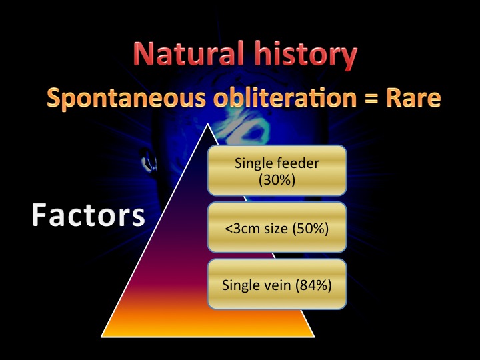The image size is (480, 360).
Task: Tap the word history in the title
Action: (306, 55)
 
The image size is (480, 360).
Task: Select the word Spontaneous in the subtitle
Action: (126, 98)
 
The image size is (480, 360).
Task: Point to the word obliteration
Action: (285, 97)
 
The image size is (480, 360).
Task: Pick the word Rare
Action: (413, 98)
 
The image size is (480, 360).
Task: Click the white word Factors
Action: (89, 215)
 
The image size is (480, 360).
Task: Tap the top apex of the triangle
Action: (208, 124)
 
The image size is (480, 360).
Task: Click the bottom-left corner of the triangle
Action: (101, 337)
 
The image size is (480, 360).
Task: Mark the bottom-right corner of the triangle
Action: (315, 337)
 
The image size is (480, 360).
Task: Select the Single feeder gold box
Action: (277, 171)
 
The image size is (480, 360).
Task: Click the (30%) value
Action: (277, 180)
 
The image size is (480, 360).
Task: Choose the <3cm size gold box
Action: (277, 227)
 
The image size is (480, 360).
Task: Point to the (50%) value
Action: (311, 229)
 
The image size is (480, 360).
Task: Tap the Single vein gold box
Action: (277, 284)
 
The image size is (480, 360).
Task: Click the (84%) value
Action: (313, 285)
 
